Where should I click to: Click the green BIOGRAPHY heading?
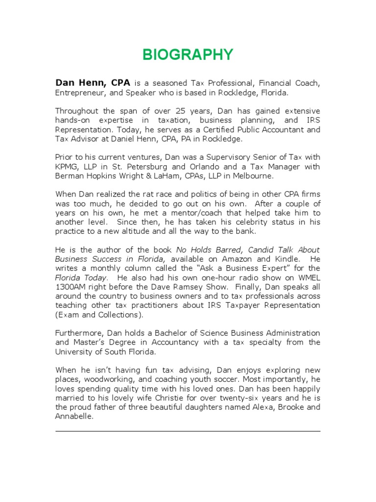(188, 54)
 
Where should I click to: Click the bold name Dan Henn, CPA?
(92, 83)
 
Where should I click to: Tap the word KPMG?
(67, 167)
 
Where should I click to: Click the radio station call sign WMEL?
(308, 277)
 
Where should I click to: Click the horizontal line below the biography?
(188, 431)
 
